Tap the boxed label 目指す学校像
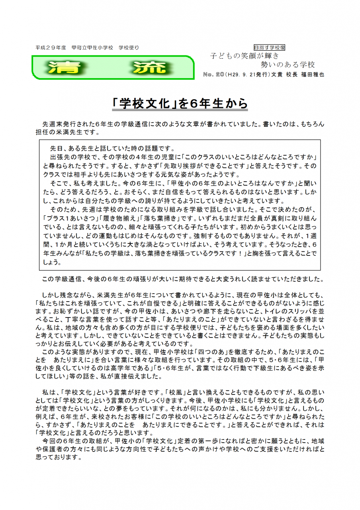(x=269, y=47)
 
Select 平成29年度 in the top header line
(x=50, y=47)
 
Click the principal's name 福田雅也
(x=313, y=75)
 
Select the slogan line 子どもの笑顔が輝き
(x=245, y=56)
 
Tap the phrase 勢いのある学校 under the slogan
(x=288, y=65)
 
